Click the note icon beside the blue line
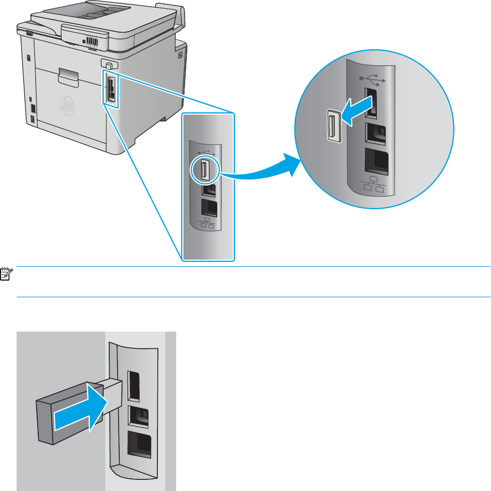(x=6, y=275)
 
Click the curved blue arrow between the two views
(x=260, y=170)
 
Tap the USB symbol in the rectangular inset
(x=206, y=151)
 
